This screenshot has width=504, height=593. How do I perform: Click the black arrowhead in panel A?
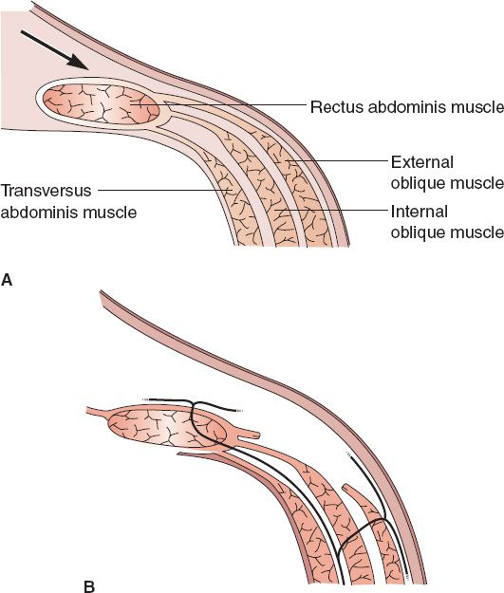pos(79,63)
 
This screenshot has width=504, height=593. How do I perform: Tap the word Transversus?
pos(46,191)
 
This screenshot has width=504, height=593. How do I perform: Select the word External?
pos(422,162)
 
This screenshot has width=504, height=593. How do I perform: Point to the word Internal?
pos(420,212)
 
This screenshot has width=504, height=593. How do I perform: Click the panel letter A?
pos(7,280)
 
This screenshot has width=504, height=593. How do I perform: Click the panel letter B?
pos(89,586)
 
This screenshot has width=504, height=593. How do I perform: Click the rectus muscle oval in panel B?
pos(167,430)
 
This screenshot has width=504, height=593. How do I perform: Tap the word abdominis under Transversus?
pos(39,212)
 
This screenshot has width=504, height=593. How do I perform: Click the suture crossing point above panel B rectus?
pos(194,403)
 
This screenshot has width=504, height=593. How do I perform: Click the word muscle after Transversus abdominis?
pos(109,212)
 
